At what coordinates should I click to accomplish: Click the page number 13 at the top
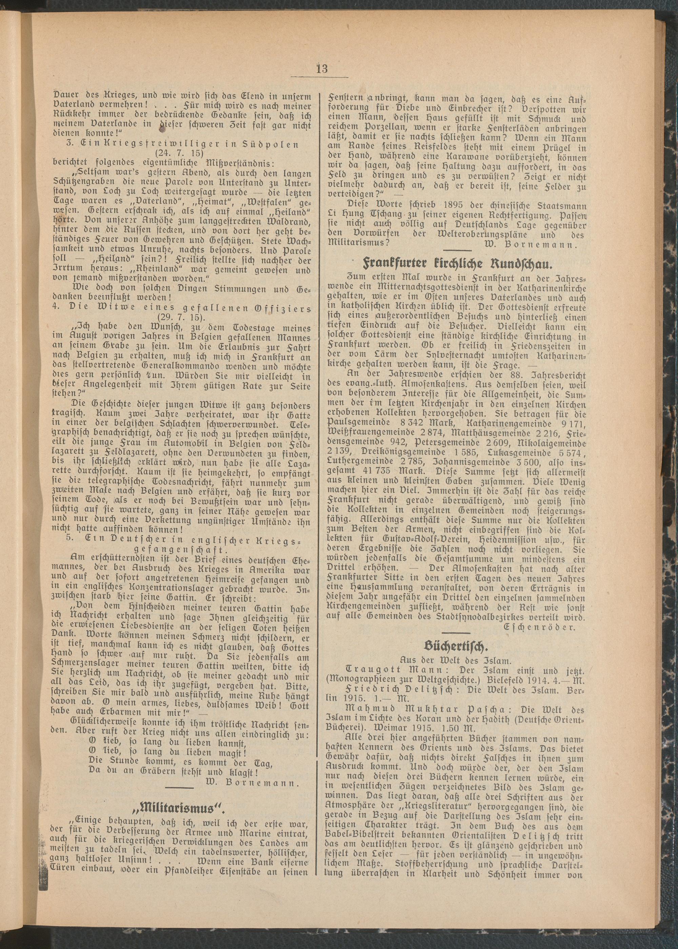click(x=322, y=69)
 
